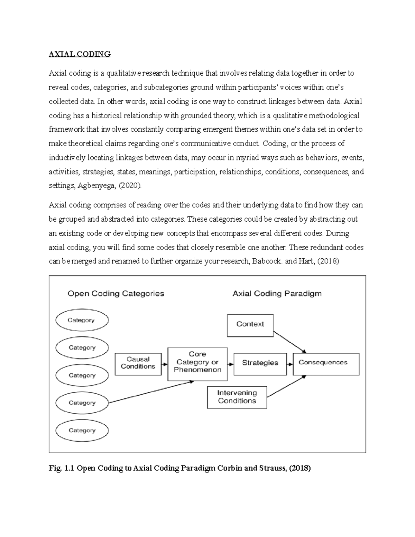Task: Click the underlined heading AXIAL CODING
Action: pyautogui.click(x=80, y=54)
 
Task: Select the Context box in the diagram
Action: pyautogui.click(x=250, y=325)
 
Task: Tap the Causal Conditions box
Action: pyautogui.click(x=138, y=364)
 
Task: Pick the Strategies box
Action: pyautogui.click(x=260, y=364)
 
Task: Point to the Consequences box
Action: pyautogui.click(x=326, y=364)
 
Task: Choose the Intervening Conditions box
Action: pyautogui.click(x=237, y=397)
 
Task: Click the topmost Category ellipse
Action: pyautogui.click(x=82, y=320)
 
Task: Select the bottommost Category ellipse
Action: pyautogui.click(x=82, y=430)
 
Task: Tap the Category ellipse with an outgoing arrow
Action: pyautogui.click(x=82, y=403)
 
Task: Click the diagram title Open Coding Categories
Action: pyautogui.click(x=116, y=294)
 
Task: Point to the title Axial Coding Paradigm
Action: pyautogui.click(x=277, y=294)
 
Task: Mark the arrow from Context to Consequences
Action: pyautogui.click(x=290, y=342)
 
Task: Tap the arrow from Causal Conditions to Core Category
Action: pyautogui.click(x=165, y=364)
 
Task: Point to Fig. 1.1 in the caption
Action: pyautogui.click(x=61, y=469)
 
